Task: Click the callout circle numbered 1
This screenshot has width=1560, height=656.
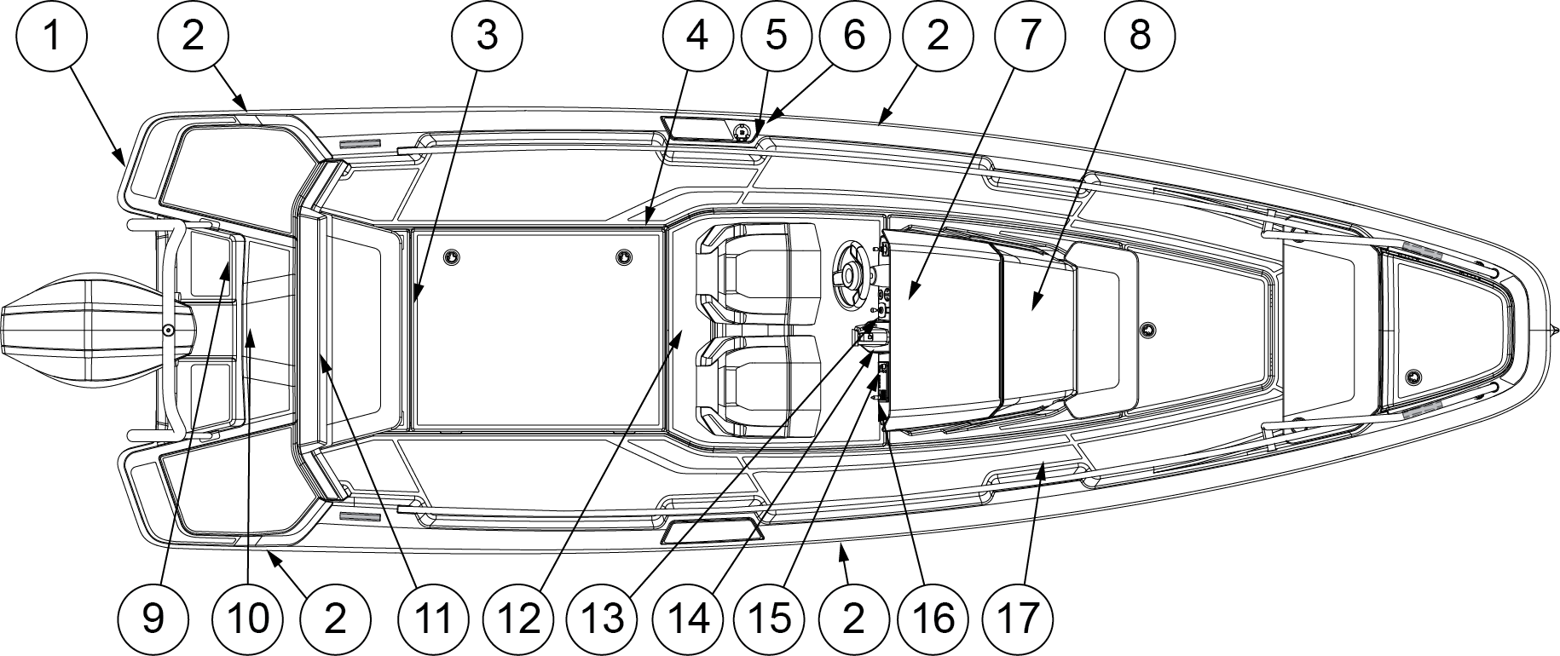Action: [53, 37]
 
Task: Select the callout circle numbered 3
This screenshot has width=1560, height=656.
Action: [487, 37]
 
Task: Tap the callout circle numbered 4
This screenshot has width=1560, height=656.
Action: [697, 37]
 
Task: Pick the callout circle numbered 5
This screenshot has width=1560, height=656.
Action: [776, 37]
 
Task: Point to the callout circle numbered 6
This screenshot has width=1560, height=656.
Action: [854, 37]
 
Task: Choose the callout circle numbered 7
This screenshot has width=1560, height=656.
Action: [1029, 37]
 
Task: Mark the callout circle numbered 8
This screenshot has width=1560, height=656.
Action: [1139, 37]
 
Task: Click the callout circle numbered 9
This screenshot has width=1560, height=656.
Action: [153, 618]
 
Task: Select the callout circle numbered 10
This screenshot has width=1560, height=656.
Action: [247, 618]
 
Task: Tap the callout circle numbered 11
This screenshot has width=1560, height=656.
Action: [430, 618]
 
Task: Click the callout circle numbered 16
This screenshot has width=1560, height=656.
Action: [933, 618]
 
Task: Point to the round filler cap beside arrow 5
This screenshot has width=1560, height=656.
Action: [742, 131]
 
